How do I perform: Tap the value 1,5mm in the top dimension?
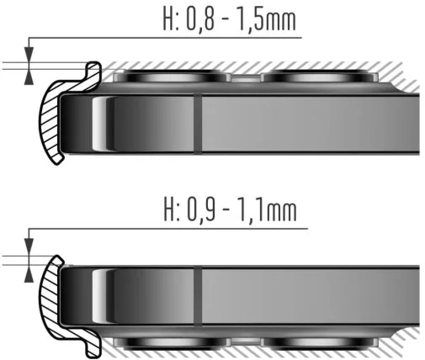click(x=267, y=19)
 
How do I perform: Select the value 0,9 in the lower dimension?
click(x=201, y=210)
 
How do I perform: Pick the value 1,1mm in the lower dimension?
click(x=267, y=210)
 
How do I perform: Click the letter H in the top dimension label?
click(x=169, y=19)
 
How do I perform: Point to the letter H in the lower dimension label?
click(x=169, y=209)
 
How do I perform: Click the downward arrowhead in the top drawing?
click(x=29, y=54)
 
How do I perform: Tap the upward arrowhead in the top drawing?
click(x=29, y=77)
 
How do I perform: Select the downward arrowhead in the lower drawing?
click(x=29, y=246)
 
